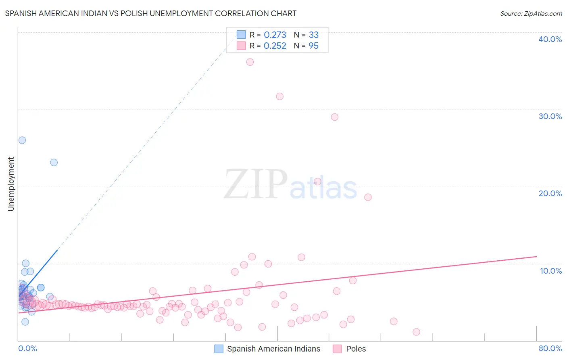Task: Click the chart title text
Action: (150, 13)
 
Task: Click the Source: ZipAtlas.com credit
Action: (531, 13)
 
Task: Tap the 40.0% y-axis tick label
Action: (550, 39)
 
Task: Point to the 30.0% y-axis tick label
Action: (550, 116)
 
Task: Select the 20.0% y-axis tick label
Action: (550, 193)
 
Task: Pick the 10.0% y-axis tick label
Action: (551, 271)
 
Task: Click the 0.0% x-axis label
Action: (27, 348)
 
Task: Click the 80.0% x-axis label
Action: (550, 348)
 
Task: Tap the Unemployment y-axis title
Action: (11, 184)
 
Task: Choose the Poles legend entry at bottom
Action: (356, 349)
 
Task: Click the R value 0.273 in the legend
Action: (275, 35)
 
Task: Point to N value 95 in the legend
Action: (313, 46)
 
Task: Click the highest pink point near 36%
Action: (250, 62)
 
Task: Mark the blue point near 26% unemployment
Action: (22, 140)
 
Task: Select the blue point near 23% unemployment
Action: (54, 163)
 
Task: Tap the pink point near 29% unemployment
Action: (335, 117)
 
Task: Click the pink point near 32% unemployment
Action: (280, 96)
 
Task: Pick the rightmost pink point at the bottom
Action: (417, 332)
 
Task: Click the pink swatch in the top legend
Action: (241, 46)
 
